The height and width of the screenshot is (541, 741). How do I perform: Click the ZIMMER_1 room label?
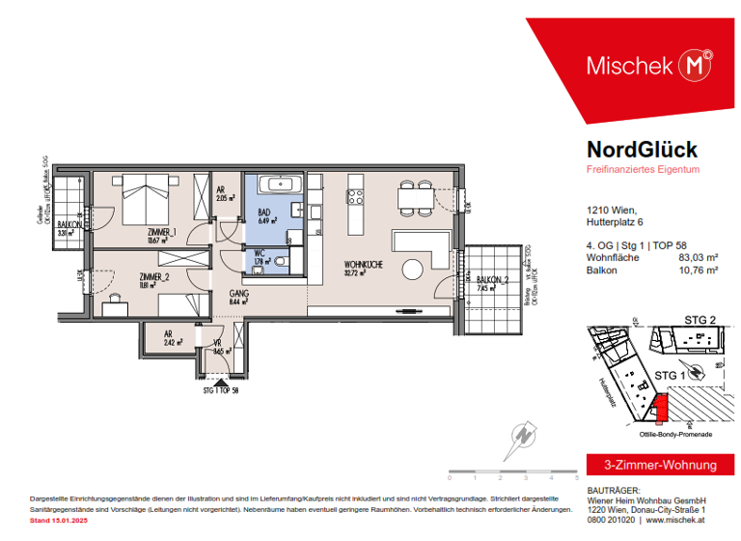pyautogui.click(x=160, y=233)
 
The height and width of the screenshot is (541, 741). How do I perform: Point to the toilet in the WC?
pyautogui.click(x=281, y=260)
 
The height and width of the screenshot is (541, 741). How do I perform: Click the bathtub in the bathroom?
pyautogui.click(x=280, y=184)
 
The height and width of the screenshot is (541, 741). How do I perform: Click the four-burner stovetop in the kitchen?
pyautogui.click(x=355, y=198)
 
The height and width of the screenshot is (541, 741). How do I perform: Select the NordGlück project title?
pyautogui.click(x=642, y=150)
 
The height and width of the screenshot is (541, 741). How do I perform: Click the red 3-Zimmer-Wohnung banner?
pyautogui.click(x=652, y=465)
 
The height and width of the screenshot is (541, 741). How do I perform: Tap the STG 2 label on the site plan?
pyautogui.click(x=700, y=320)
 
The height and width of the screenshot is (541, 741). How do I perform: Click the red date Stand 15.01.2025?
pyautogui.click(x=59, y=521)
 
